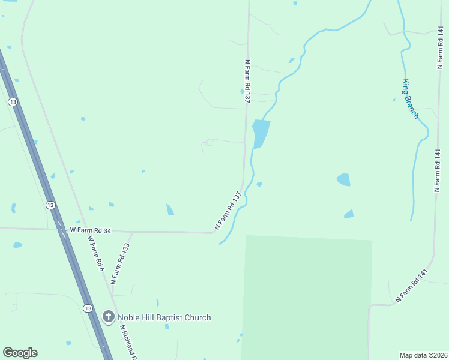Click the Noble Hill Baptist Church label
[x=164, y=317]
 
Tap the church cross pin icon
[x=109, y=317]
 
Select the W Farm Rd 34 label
[x=91, y=230]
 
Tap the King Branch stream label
[x=410, y=99]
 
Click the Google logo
[x=20, y=353]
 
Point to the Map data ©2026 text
[x=423, y=355]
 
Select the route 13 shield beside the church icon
[x=88, y=308]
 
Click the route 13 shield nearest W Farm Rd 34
[x=50, y=205]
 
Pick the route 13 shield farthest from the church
[x=13, y=103]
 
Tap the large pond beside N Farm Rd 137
[x=260, y=133]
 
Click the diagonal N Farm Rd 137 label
[x=228, y=211]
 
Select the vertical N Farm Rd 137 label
[x=247, y=82]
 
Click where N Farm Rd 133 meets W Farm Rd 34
[x=132, y=232]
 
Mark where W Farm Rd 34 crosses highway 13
[x=61, y=229]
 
